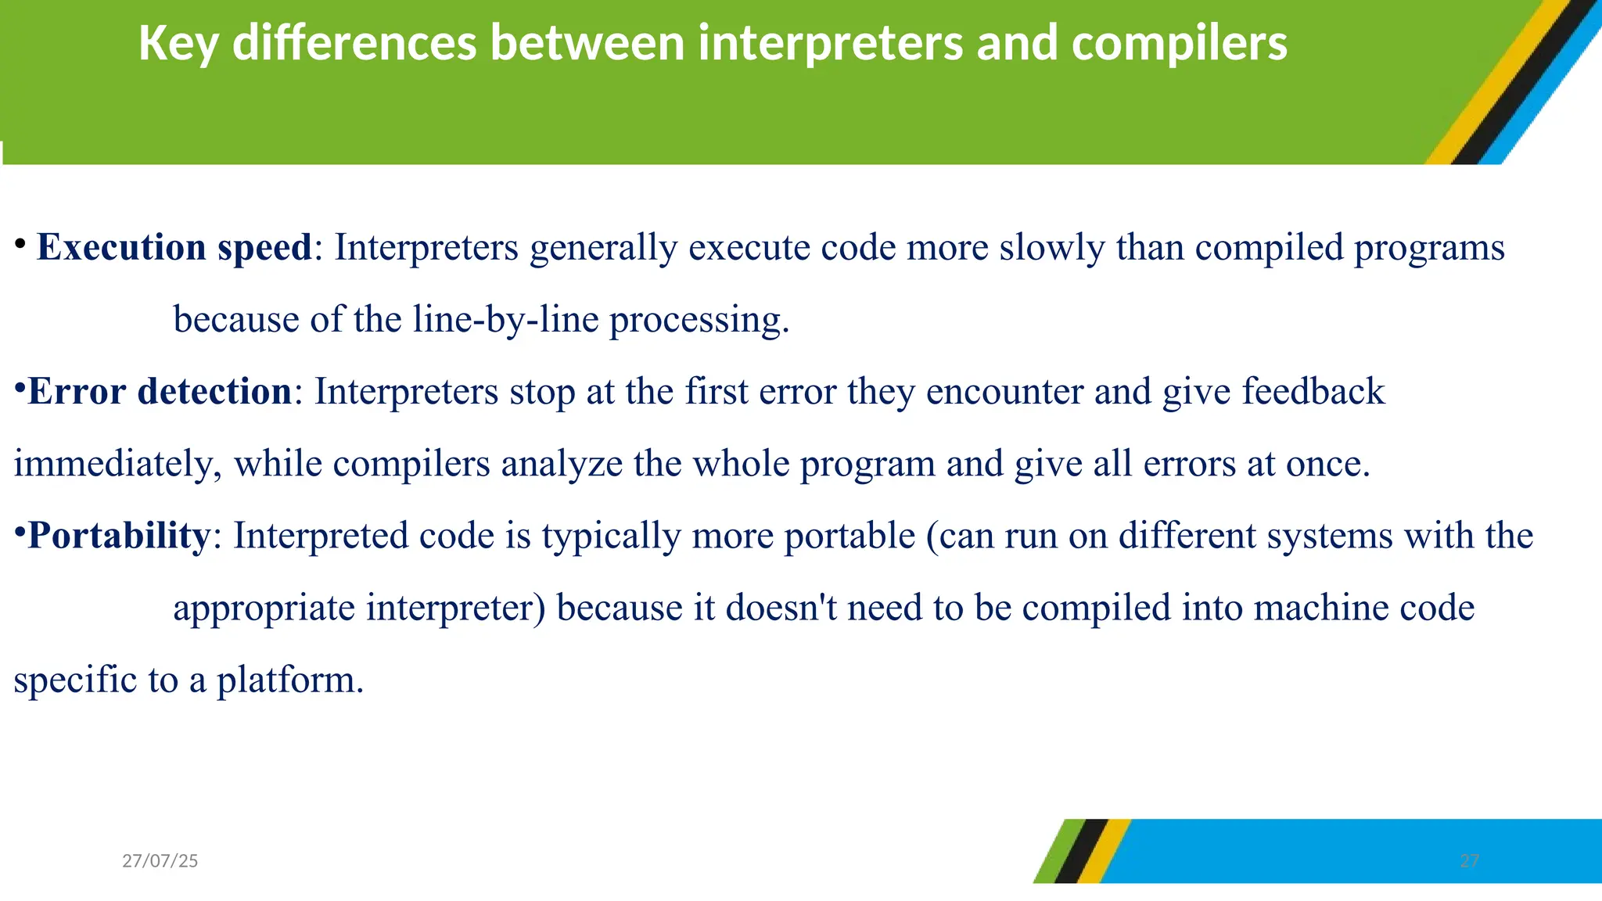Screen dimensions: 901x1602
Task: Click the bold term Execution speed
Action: pos(174,248)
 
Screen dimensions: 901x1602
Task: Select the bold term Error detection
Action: pos(160,392)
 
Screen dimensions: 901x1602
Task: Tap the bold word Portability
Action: pos(119,537)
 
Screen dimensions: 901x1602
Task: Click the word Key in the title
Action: pos(178,44)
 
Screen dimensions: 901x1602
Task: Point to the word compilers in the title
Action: pos(1179,44)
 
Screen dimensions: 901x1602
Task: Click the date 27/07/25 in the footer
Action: pos(160,861)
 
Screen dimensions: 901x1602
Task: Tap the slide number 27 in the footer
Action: pos(1469,861)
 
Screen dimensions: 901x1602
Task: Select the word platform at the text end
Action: pos(289,680)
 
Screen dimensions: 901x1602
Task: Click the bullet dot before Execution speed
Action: pos(20,243)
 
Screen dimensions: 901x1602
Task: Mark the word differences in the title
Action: pos(354,44)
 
